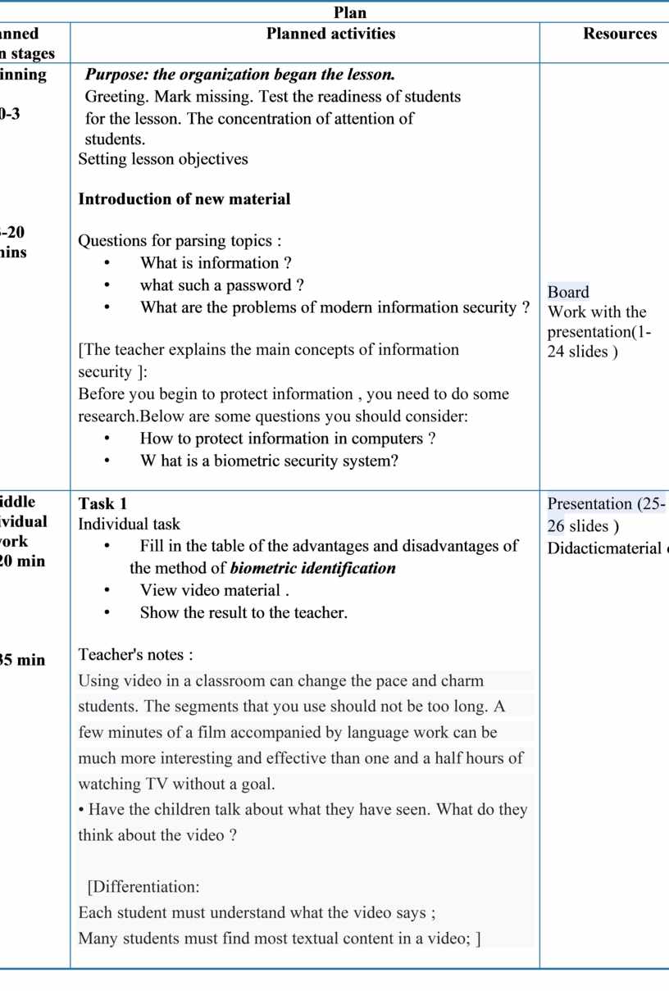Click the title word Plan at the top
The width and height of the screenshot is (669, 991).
(350, 12)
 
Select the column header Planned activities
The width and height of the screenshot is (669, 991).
(330, 34)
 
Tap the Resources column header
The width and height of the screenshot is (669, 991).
(620, 34)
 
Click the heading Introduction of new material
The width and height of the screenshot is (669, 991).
(184, 199)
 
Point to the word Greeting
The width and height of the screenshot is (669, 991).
(114, 97)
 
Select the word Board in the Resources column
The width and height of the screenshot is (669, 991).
(568, 292)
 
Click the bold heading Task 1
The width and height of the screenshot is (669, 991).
(102, 503)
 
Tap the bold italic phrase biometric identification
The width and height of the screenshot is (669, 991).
(313, 568)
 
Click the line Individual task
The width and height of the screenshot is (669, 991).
(129, 524)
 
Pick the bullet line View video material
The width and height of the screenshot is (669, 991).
(215, 590)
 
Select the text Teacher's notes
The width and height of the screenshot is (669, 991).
(135, 655)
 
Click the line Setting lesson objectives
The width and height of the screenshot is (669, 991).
(163, 159)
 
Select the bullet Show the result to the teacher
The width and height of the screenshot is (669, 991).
(243, 612)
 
